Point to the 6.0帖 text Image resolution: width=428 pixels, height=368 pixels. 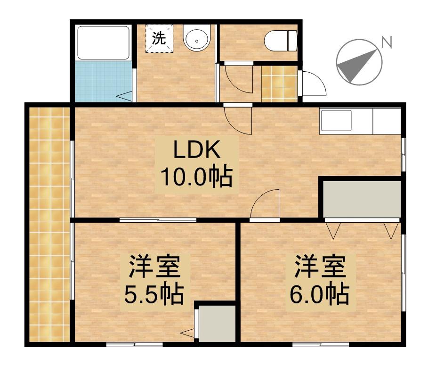pyautogui.click(x=319, y=295)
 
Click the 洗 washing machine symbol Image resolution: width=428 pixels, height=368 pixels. pyautogui.click(x=159, y=39)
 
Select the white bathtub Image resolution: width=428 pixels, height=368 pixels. pyautogui.click(x=104, y=42)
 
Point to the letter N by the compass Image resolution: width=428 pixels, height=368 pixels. pyautogui.click(x=387, y=42)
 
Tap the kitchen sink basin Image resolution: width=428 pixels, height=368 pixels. pyautogui.click(x=336, y=121)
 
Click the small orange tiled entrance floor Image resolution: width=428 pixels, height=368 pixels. pyautogui.click(x=279, y=84)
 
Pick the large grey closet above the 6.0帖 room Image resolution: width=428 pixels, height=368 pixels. pyautogui.click(x=362, y=200)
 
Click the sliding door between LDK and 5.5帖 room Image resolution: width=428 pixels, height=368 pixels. pyautogui.click(x=158, y=220)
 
